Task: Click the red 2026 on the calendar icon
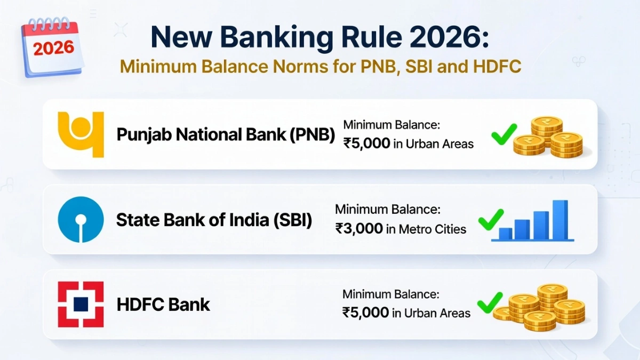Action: point(53,49)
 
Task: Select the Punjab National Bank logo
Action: point(81,134)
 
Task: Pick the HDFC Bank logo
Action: point(81,305)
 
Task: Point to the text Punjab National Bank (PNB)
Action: point(226,134)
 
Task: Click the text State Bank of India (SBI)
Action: point(214,220)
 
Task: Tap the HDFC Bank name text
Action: point(163,305)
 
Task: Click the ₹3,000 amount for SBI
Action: point(359,228)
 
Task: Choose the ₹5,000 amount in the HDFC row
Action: point(365,313)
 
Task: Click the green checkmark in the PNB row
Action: point(503,134)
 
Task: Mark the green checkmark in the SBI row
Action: point(491,219)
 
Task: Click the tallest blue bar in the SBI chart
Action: point(560,220)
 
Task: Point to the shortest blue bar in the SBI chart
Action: point(505,234)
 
